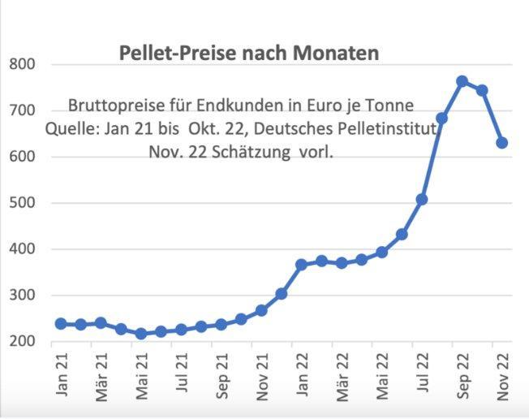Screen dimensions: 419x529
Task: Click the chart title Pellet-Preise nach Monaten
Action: point(249,54)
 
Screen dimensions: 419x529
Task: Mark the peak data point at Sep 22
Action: point(462,81)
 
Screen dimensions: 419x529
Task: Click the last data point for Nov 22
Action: point(502,143)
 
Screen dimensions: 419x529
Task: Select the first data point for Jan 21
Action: point(61,324)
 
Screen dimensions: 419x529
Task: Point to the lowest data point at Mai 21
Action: point(141,334)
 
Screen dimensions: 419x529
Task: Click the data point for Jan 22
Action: point(302,265)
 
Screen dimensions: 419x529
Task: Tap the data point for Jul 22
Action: point(422,199)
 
